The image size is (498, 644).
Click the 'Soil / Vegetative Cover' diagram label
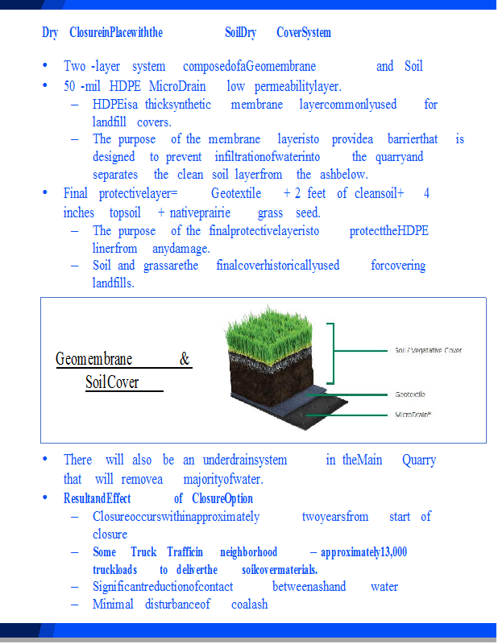tap(428, 351)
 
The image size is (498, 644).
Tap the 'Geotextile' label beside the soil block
tap(410, 394)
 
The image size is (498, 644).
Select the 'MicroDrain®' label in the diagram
tap(413, 415)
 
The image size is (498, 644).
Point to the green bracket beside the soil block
tap(330, 353)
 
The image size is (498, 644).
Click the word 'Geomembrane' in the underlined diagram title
tap(94, 359)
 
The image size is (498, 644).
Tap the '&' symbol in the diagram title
tap(185, 359)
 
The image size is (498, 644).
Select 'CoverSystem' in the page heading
tap(303, 33)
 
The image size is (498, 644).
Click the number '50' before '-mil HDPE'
tap(70, 86)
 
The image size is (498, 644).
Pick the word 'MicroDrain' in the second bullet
tap(177, 86)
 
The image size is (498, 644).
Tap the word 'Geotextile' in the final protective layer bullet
tap(238, 194)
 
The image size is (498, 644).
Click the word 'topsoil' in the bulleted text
tap(125, 213)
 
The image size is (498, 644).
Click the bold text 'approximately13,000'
tap(363, 552)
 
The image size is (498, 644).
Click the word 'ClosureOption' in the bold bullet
tap(222, 499)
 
